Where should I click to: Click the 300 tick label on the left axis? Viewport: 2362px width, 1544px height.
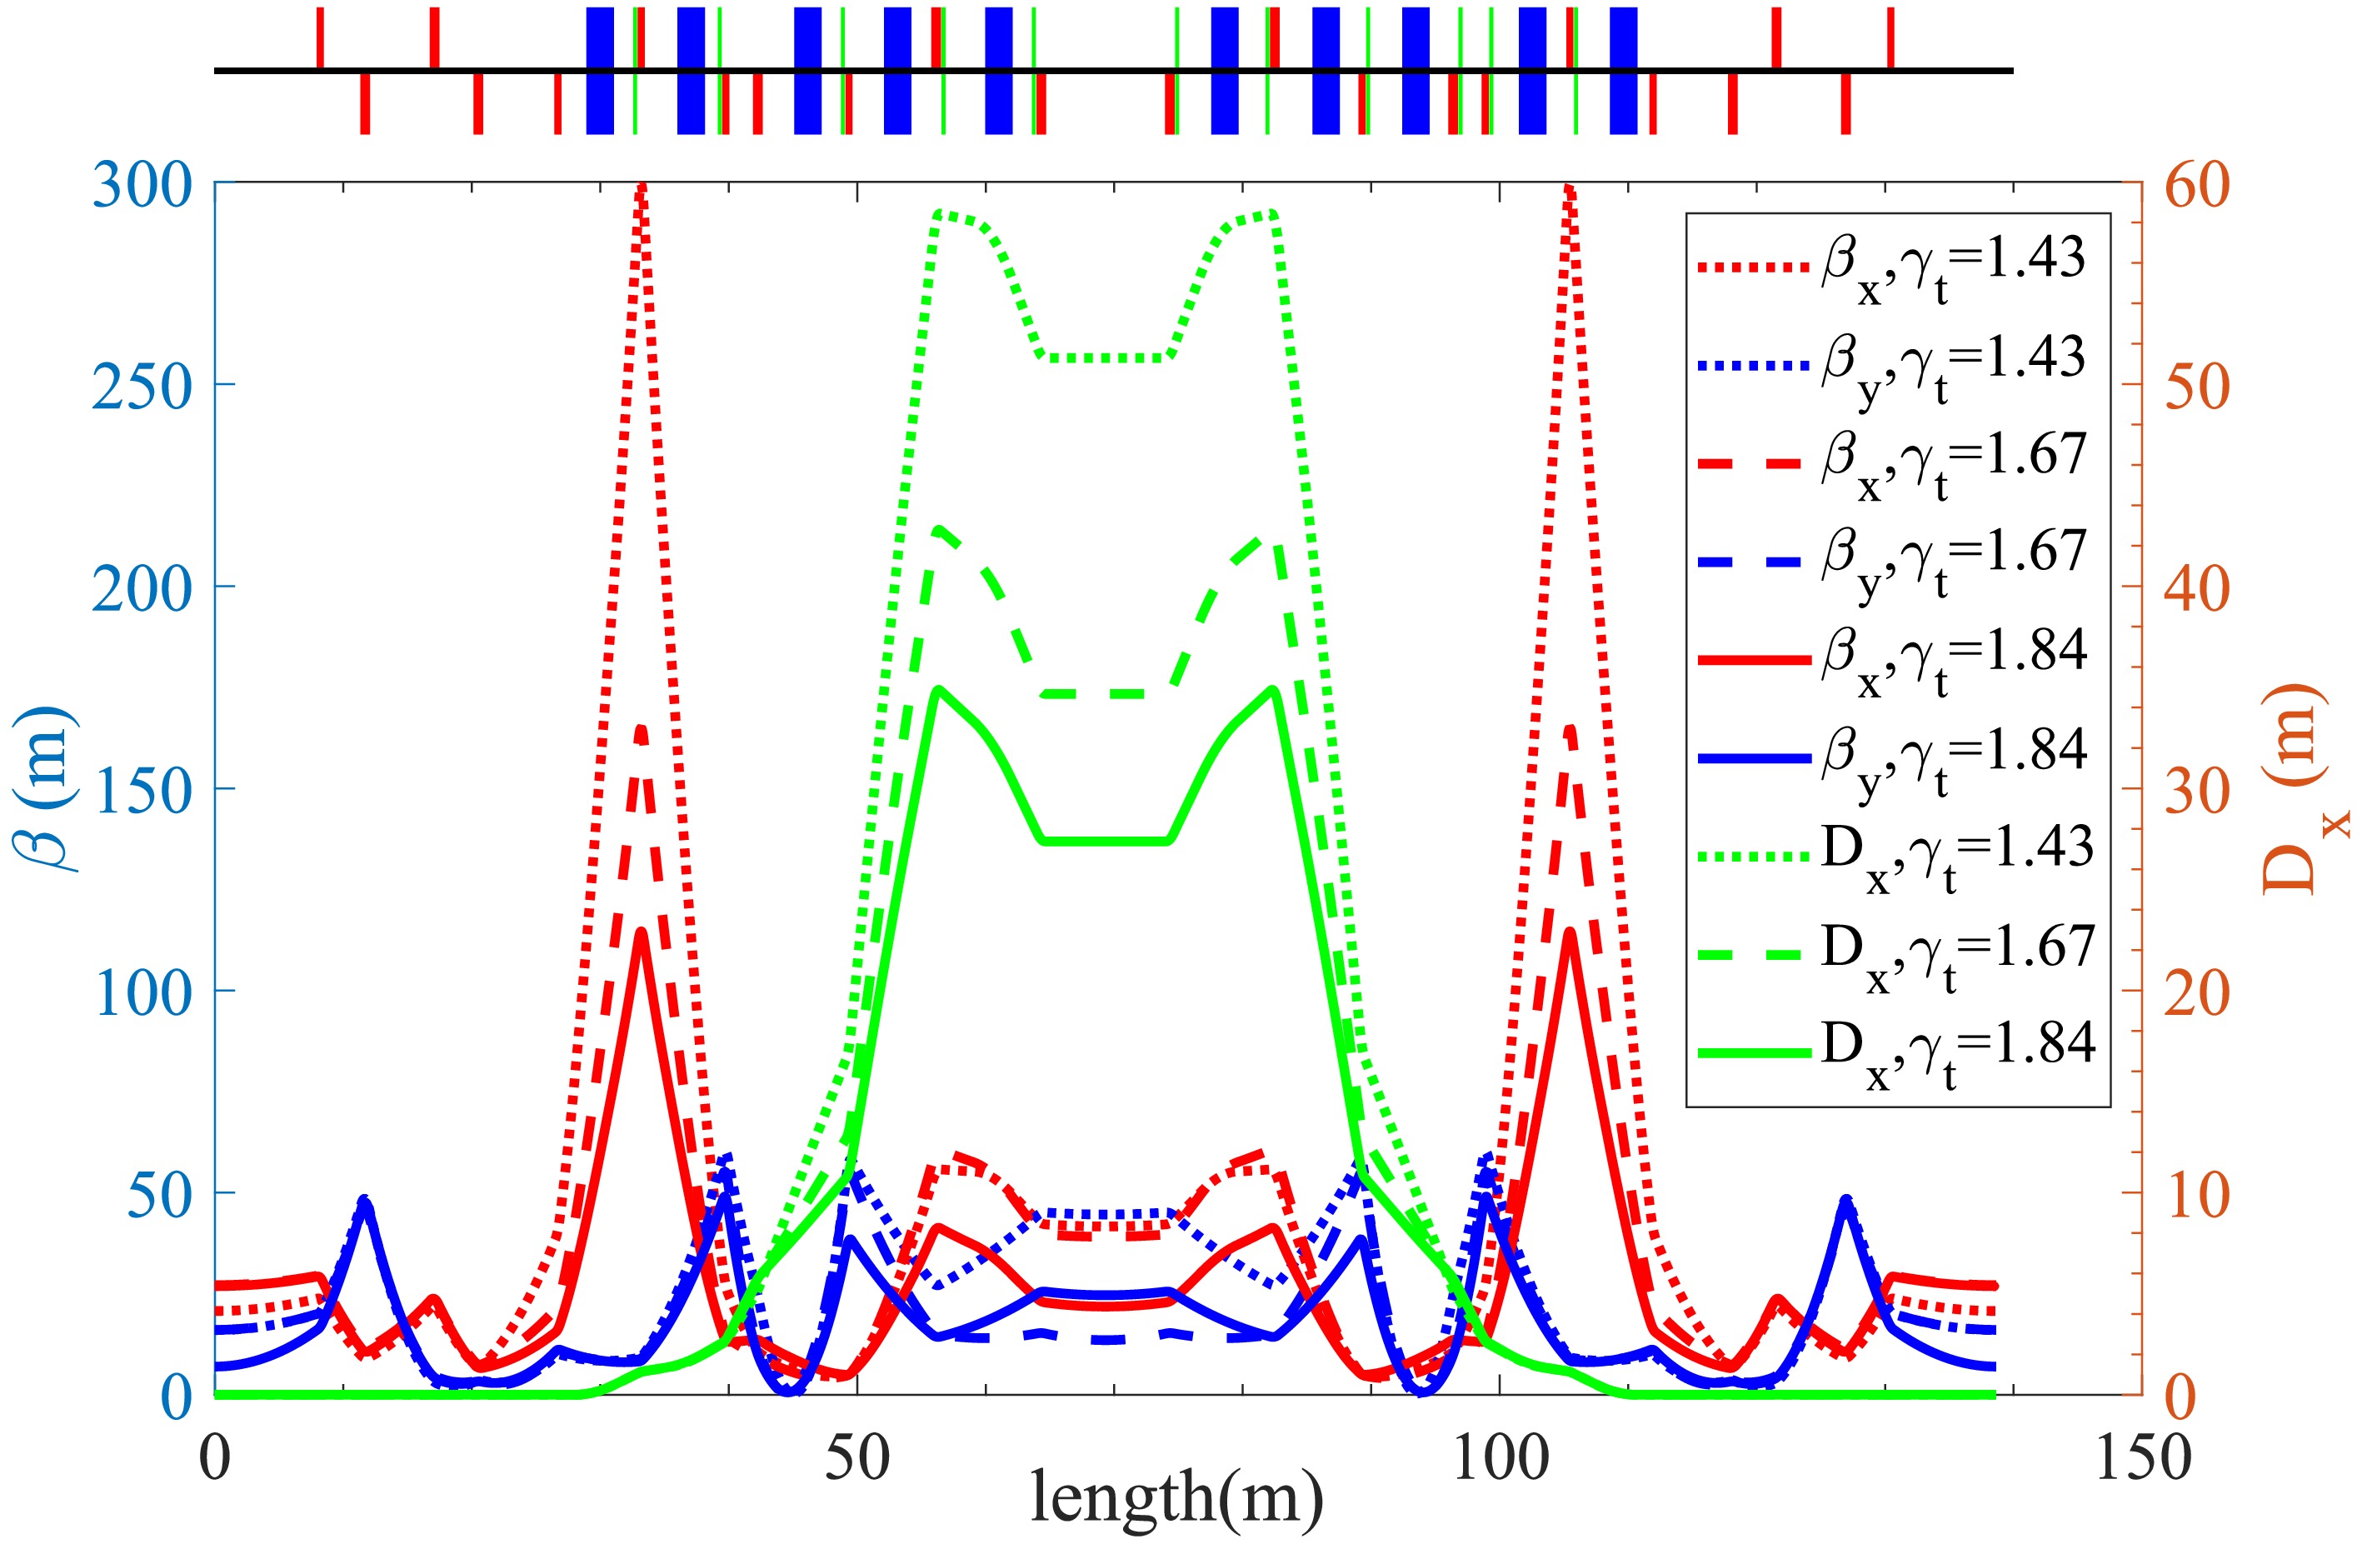tap(142, 186)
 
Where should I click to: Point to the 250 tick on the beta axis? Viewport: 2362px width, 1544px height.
tap(142, 387)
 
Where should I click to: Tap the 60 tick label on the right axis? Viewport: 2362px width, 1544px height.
tap(2197, 186)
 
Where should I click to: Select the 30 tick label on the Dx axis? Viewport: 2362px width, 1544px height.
tap(2197, 791)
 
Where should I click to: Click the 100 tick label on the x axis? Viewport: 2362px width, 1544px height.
tap(1499, 1459)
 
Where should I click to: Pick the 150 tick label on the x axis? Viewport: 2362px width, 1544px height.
tap(2142, 1459)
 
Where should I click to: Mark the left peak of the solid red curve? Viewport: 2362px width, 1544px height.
tap(642, 932)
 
